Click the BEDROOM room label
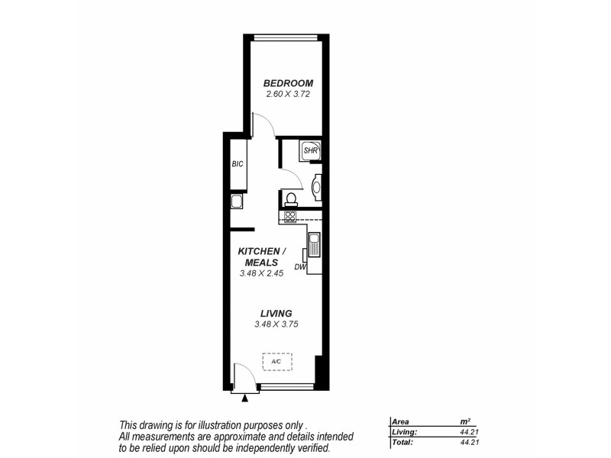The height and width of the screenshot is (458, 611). coord(288,83)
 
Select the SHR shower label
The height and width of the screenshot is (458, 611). coord(310,150)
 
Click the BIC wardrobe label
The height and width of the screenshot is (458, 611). coord(237,164)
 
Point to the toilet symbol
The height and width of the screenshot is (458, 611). coord(290,198)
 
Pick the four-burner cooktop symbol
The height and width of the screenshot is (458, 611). coord(290,216)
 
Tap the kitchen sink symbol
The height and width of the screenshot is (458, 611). coord(314,246)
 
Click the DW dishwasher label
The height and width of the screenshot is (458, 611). coord(299,267)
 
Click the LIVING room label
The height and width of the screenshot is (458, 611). coord(276,314)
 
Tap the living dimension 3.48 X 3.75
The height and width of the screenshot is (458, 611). coord(276,324)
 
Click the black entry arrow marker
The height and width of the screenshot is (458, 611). coord(244,398)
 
